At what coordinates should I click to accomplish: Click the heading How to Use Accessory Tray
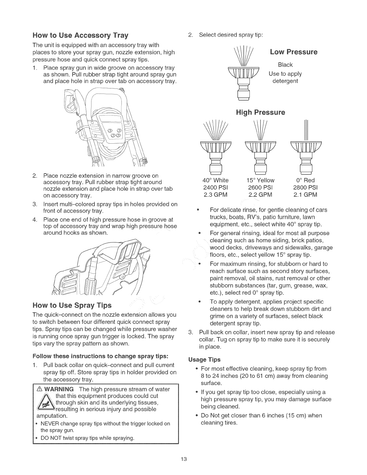point(80,36)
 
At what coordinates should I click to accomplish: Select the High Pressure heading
point(260,112)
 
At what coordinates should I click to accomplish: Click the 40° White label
point(216,180)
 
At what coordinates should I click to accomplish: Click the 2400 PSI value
point(216,187)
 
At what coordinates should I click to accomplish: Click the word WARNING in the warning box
point(59,389)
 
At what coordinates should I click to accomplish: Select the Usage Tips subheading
point(204,359)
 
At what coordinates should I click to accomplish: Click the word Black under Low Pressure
point(285,65)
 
